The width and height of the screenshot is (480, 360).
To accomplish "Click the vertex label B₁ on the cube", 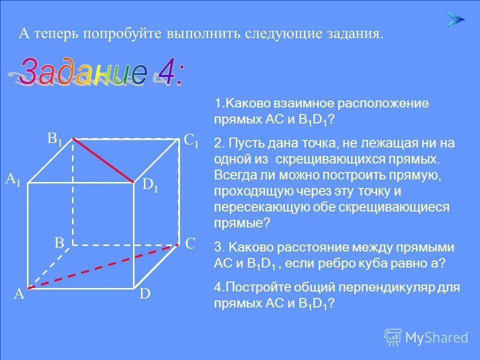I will (55, 139).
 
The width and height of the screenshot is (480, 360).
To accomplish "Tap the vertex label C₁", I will (191, 141).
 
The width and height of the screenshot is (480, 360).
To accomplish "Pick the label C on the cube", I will (190, 243).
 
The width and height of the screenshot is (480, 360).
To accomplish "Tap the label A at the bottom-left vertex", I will (19, 294).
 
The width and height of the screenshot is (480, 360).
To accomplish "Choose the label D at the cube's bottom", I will (145, 294).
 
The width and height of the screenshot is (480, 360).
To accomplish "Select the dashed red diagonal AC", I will (103, 266).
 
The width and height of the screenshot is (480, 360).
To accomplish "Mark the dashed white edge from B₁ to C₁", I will (126, 138).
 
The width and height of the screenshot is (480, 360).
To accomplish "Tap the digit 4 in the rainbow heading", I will (167, 73).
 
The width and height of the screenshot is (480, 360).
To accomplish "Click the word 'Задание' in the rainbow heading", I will (82, 73).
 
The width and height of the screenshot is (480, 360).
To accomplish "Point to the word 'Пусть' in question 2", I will (246, 143).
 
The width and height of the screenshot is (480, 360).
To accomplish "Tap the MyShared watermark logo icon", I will (393, 337).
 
